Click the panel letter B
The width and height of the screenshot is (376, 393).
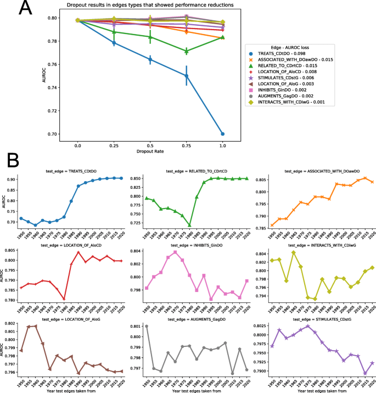[14, 161]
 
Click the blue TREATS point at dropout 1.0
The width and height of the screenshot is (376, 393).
[222, 134]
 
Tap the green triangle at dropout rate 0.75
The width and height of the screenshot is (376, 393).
[187, 51]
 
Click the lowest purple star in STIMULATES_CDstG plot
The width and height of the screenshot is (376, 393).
[364, 373]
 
